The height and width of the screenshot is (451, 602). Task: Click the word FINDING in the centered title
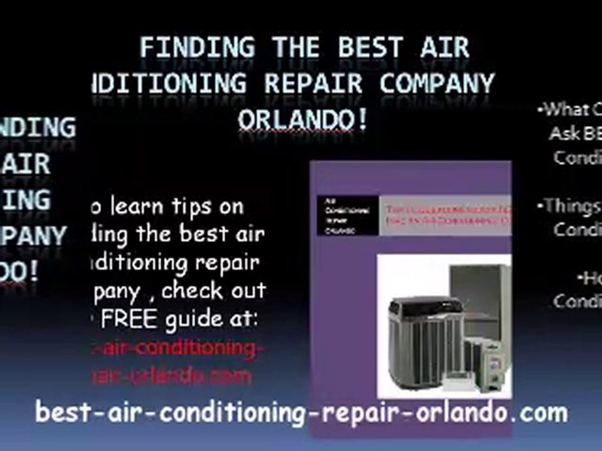pyautogui.click(x=198, y=48)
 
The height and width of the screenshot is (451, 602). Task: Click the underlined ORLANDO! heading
pyautogui.click(x=303, y=119)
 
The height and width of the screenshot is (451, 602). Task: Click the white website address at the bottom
pyautogui.click(x=301, y=413)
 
